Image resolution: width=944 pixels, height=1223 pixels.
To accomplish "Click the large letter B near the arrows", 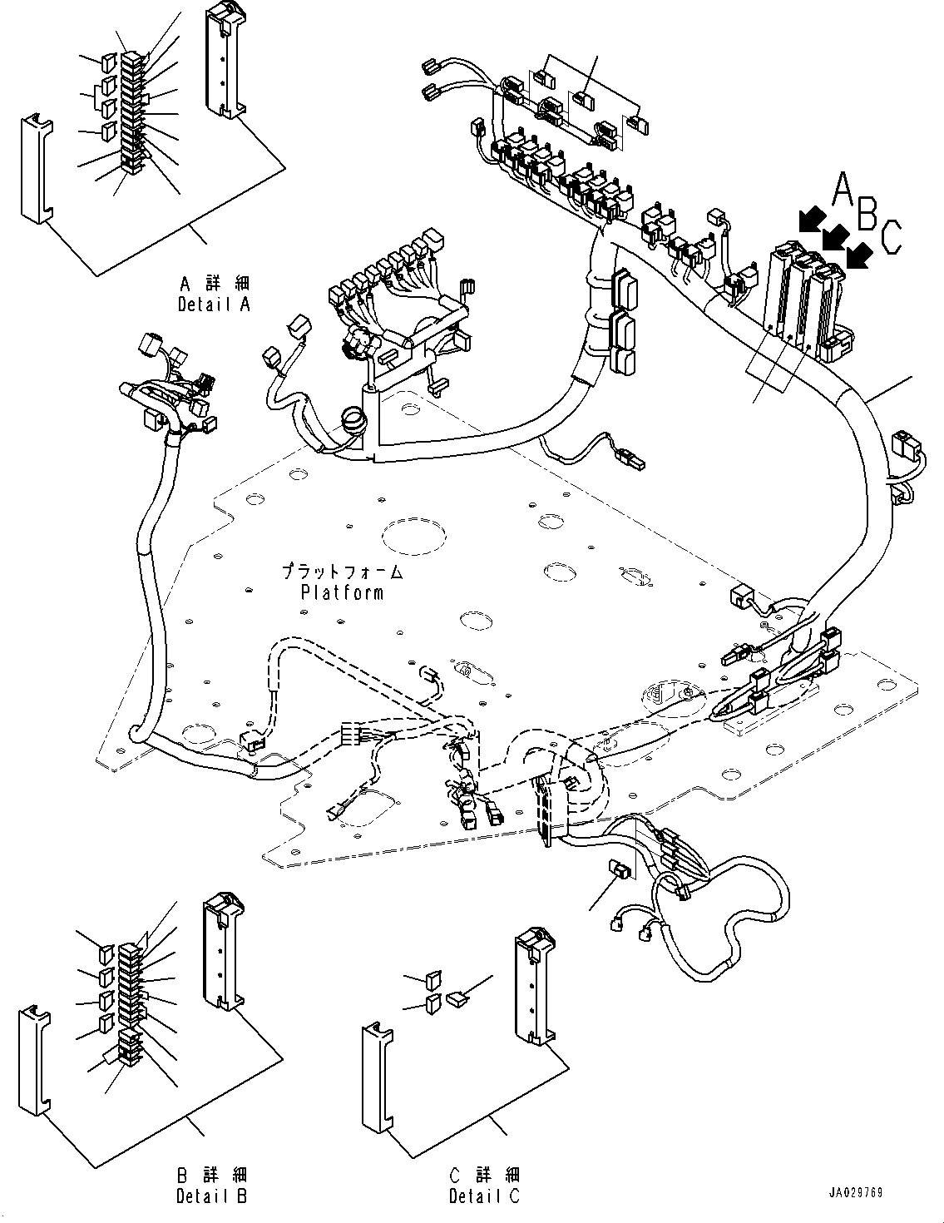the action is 867,213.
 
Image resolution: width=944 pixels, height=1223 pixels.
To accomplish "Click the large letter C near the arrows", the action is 891,237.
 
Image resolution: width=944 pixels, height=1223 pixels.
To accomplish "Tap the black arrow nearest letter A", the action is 813,219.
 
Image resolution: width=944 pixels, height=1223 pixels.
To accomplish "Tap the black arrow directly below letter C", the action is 860,256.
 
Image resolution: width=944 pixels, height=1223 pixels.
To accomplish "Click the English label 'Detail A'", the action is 214,305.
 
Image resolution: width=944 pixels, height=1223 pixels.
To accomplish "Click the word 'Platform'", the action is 342,592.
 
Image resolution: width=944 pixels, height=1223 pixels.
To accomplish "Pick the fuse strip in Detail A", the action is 132,111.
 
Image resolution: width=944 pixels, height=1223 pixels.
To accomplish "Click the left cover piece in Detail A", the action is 36,170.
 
